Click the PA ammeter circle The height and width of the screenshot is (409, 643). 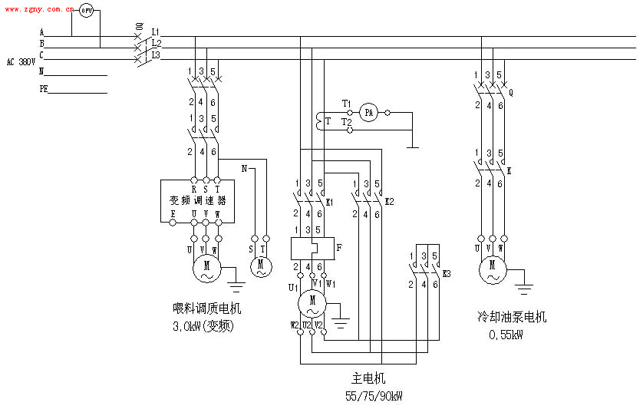(x=368, y=113)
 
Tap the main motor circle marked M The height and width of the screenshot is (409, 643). (x=312, y=302)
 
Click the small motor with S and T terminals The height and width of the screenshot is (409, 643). (x=260, y=267)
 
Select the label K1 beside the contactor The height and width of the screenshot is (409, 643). (x=330, y=201)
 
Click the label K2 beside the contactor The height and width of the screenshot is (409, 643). (x=389, y=201)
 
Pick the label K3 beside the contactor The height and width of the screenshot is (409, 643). (x=447, y=273)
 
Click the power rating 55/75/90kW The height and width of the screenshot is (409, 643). (x=374, y=396)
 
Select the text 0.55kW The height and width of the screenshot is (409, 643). (x=506, y=335)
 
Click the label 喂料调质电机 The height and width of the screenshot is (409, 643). (x=206, y=309)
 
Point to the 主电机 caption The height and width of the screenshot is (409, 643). (x=368, y=379)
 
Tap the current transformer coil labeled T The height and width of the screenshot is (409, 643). (x=318, y=121)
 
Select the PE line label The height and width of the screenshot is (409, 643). (x=44, y=88)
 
